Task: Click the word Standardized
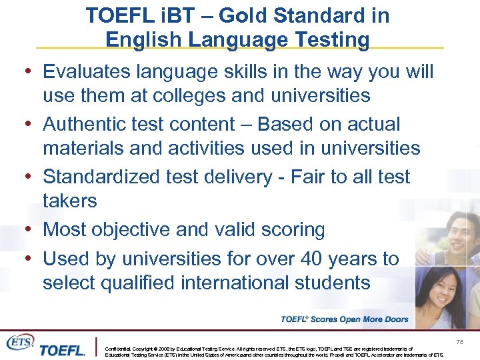pos(105,177)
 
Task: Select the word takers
pos(70,200)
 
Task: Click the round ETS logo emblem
pos(19,341)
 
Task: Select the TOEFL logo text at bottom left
pos(61,350)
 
